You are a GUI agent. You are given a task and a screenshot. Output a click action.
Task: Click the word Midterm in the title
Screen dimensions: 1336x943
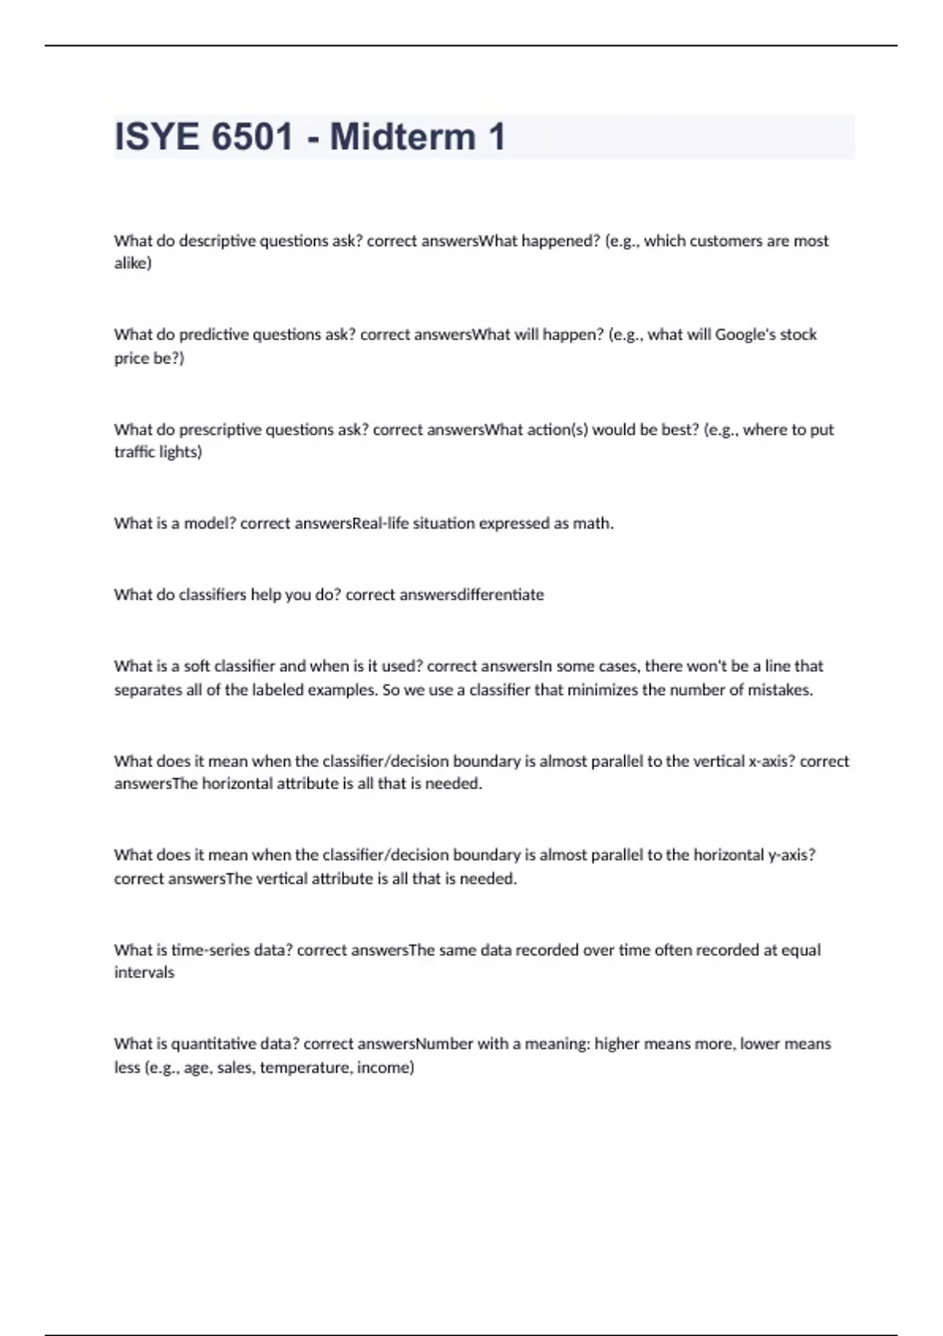pos(402,137)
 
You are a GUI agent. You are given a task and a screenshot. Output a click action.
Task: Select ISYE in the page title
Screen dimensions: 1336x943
pos(156,137)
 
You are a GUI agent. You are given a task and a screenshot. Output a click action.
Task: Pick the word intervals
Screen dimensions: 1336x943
pos(145,973)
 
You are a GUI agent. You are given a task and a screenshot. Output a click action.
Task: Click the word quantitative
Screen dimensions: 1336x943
pos(213,1044)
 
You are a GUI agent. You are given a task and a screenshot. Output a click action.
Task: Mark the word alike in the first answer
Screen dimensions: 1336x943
pos(132,263)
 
